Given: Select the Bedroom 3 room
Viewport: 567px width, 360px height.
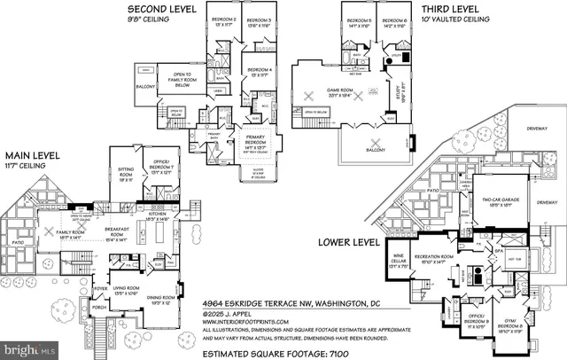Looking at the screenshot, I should tap(258, 21).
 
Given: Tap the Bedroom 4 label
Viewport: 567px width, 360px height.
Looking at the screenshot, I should tap(259, 72).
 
